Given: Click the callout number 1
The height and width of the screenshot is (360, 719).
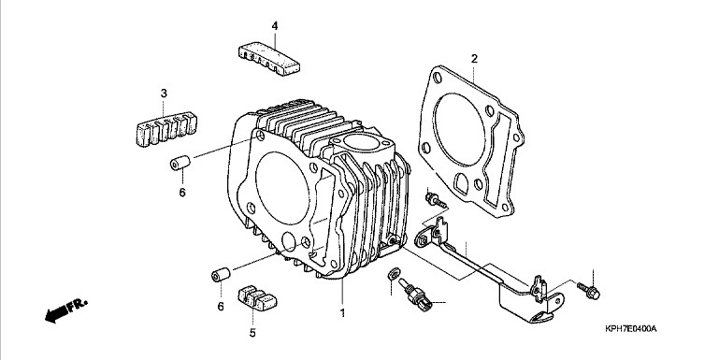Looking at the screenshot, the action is tap(342, 313).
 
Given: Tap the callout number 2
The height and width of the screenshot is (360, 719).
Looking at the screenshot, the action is tap(474, 59).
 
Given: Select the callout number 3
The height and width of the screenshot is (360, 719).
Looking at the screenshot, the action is tap(164, 94).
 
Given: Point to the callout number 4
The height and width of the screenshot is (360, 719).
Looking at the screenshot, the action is tap(275, 26).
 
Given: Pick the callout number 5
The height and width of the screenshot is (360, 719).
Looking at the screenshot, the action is tap(252, 333).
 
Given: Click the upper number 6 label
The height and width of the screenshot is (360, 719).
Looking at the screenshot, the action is tap(182, 193).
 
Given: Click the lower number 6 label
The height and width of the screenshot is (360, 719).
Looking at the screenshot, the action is tap(221, 307).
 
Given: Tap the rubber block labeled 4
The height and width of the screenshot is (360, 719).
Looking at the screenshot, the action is tap(268, 58).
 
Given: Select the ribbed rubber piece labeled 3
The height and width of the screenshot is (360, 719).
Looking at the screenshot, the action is tap(167, 130).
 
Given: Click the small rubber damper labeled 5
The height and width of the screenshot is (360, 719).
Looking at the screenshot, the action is tap(257, 298).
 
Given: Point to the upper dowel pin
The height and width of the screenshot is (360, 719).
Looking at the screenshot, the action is tap(180, 163).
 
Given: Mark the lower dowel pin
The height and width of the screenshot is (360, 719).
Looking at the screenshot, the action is tap(221, 274).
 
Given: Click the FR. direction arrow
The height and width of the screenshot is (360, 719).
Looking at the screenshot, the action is tap(65, 310).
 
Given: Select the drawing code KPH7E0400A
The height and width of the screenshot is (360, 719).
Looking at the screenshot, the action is tap(630, 329).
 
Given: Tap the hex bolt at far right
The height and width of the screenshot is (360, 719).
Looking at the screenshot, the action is tap(589, 290).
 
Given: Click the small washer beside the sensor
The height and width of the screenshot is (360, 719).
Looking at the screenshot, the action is tap(393, 274).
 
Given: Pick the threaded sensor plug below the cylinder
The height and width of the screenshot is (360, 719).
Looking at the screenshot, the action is tap(415, 295).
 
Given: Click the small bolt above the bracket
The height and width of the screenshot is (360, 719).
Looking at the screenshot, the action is tap(436, 200).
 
